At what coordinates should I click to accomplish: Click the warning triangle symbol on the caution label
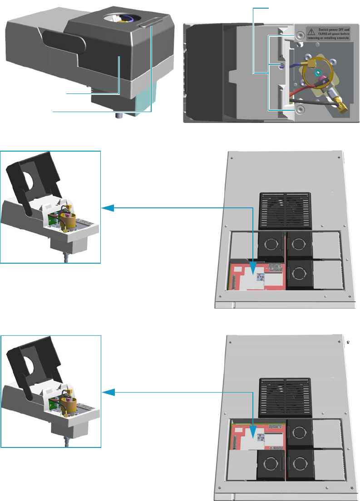click(311, 31)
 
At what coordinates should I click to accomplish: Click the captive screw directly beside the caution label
click(300, 36)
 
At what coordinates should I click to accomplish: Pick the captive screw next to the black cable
click(300, 109)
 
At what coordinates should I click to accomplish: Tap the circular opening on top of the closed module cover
click(122, 19)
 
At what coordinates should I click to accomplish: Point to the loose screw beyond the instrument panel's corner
click(348, 342)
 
